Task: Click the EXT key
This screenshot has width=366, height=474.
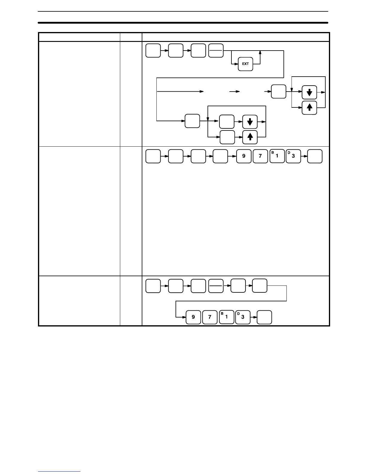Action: point(245,64)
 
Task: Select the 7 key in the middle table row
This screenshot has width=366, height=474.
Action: point(260,156)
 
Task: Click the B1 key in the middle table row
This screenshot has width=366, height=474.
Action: point(277,156)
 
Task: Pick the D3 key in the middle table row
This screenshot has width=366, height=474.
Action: point(293,156)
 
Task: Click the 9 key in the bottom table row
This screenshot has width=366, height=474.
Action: point(193,317)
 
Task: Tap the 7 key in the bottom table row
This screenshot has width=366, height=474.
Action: point(210,317)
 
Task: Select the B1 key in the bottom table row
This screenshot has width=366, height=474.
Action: point(226,317)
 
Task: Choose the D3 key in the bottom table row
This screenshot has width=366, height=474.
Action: point(243,317)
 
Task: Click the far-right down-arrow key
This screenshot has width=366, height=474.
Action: point(309,92)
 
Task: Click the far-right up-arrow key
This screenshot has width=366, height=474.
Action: point(309,108)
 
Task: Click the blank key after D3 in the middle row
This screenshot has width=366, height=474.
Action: point(315,156)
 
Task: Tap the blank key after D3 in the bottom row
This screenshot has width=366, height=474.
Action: point(265,317)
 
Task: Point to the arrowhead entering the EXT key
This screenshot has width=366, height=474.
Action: point(237,64)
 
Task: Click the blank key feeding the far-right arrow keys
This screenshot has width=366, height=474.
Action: point(278,91)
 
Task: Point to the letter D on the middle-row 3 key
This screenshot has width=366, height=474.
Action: point(289,153)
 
